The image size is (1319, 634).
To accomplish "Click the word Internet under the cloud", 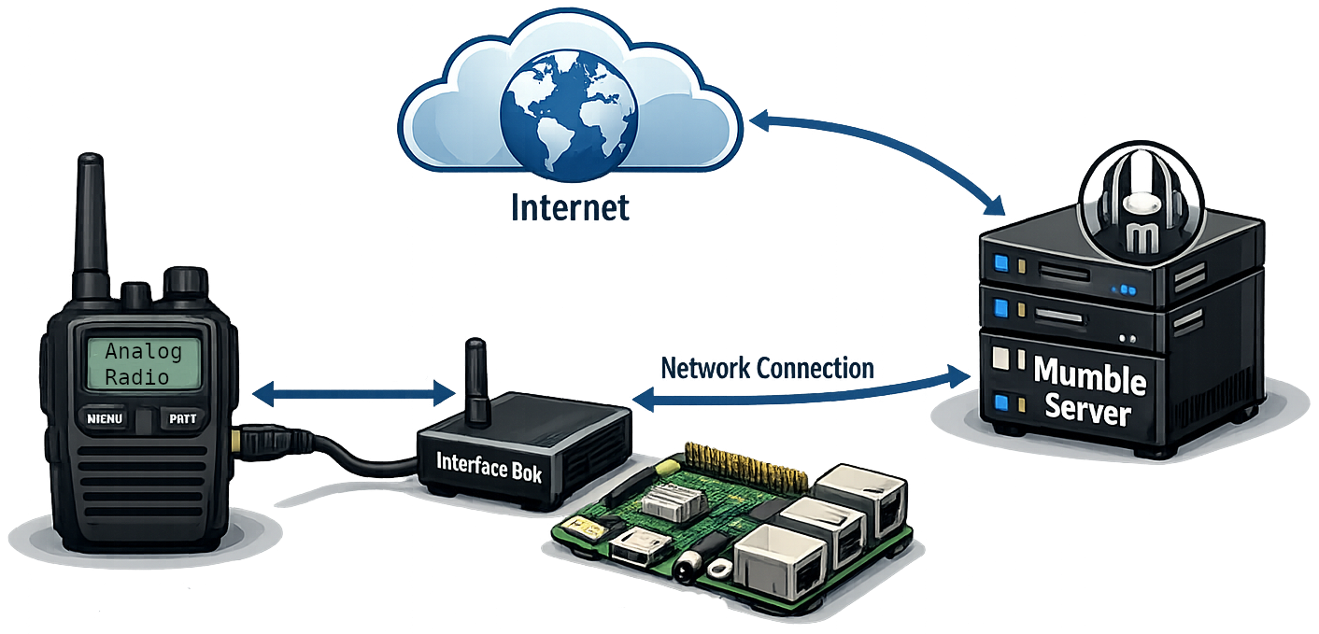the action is [x=570, y=207].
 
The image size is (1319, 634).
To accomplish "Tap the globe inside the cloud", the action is [x=569, y=116].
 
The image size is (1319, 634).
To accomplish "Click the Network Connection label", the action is [x=767, y=369].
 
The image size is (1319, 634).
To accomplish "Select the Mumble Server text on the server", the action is [x=1089, y=391].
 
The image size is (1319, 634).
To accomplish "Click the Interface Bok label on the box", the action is [x=489, y=468].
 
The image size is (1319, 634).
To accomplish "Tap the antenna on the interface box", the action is [x=477, y=382].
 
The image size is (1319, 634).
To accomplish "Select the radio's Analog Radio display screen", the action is [x=143, y=364].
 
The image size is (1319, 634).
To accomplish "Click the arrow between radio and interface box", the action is [x=354, y=393].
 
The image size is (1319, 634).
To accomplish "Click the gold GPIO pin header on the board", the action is [x=745, y=465].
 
